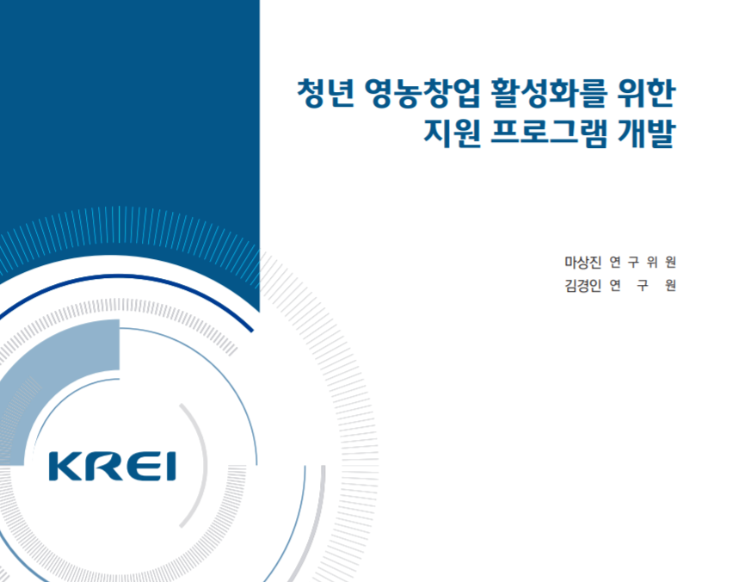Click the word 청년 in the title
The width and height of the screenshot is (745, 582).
[x=325, y=93]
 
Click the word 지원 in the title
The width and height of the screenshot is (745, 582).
[x=452, y=133]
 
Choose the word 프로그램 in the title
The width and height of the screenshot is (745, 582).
[x=549, y=133]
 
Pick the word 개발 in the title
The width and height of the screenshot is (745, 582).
[x=647, y=133]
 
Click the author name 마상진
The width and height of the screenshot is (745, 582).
[x=583, y=262]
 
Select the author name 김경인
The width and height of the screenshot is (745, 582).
[x=583, y=285]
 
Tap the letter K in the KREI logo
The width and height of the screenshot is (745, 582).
[x=65, y=467]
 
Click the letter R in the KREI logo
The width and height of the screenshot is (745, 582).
[x=101, y=467]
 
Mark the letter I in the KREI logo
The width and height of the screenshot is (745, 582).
[x=171, y=467]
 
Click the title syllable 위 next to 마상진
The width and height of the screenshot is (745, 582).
[x=652, y=262]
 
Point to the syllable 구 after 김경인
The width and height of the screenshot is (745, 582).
[x=643, y=285]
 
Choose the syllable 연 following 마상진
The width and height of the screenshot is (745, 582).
[x=615, y=262]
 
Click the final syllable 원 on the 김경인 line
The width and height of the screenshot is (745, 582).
[x=670, y=285]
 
